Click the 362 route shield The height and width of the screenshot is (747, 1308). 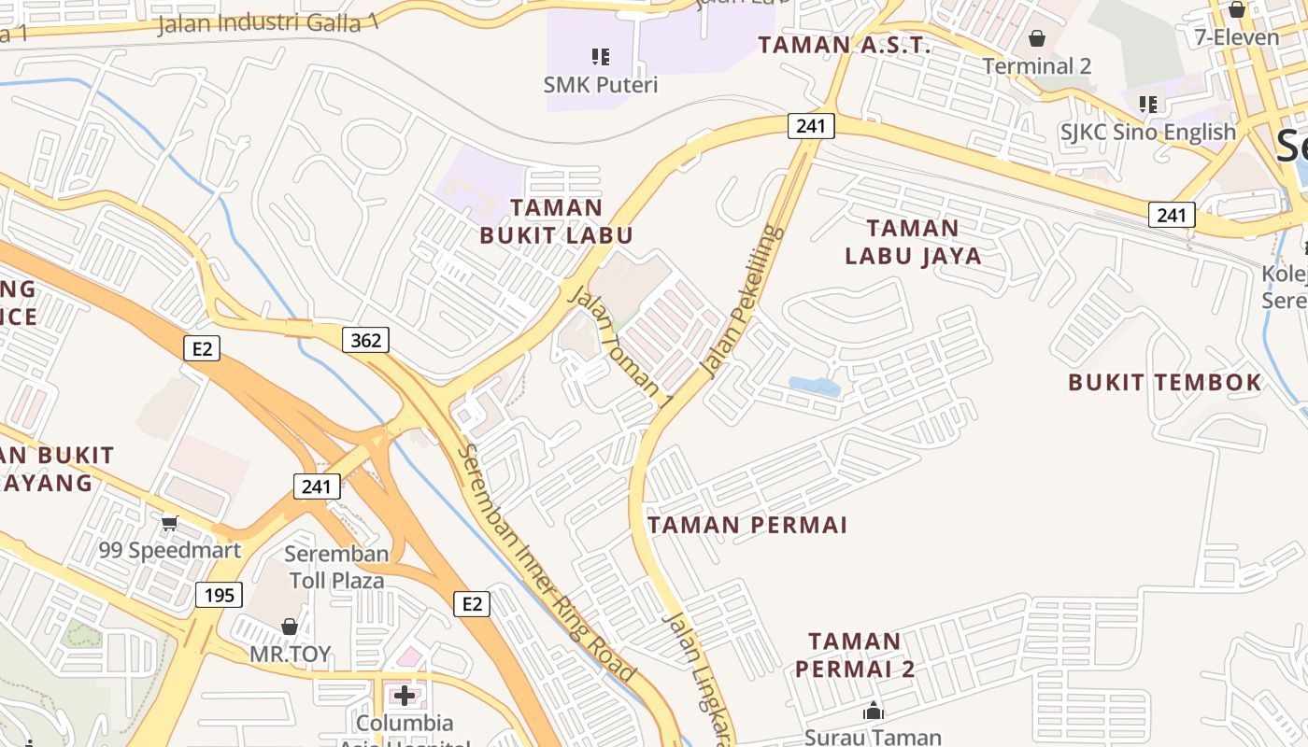point(365,340)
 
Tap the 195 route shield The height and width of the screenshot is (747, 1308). point(220,595)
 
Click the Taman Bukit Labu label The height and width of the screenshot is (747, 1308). point(557,221)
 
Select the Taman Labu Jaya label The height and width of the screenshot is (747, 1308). point(913,242)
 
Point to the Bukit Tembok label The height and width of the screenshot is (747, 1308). point(1165,382)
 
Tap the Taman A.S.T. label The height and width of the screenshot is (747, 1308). point(844,45)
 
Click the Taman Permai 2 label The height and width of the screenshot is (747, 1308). point(855,655)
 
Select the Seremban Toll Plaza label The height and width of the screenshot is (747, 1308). point(336,567)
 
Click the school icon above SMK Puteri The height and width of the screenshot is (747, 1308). point(601,57)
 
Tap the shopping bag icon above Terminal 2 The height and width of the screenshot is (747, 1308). point(1037,38)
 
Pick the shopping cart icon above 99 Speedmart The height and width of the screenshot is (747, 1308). point(169,523)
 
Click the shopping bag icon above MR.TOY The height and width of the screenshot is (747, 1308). point(290,627)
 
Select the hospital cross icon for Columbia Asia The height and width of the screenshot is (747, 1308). point(405,696)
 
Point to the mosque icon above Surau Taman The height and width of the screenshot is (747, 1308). point(874,712)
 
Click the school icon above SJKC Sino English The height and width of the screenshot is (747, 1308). point(1147,104)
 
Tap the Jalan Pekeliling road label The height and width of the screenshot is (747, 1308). point(743,301)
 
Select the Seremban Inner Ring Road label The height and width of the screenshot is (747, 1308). point(547,563)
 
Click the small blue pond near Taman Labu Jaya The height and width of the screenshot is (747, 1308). point(814,385)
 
